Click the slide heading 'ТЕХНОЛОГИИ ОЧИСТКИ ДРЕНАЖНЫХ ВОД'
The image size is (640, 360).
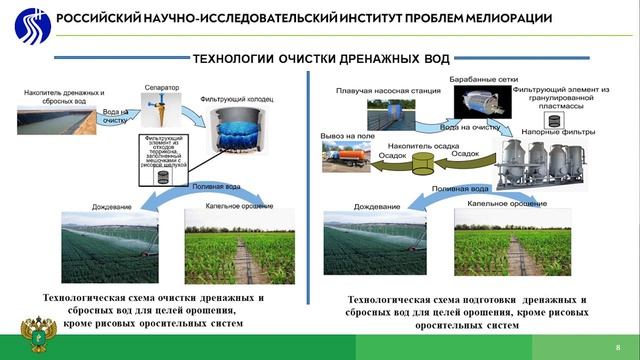320,59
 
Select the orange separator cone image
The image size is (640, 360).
160,105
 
